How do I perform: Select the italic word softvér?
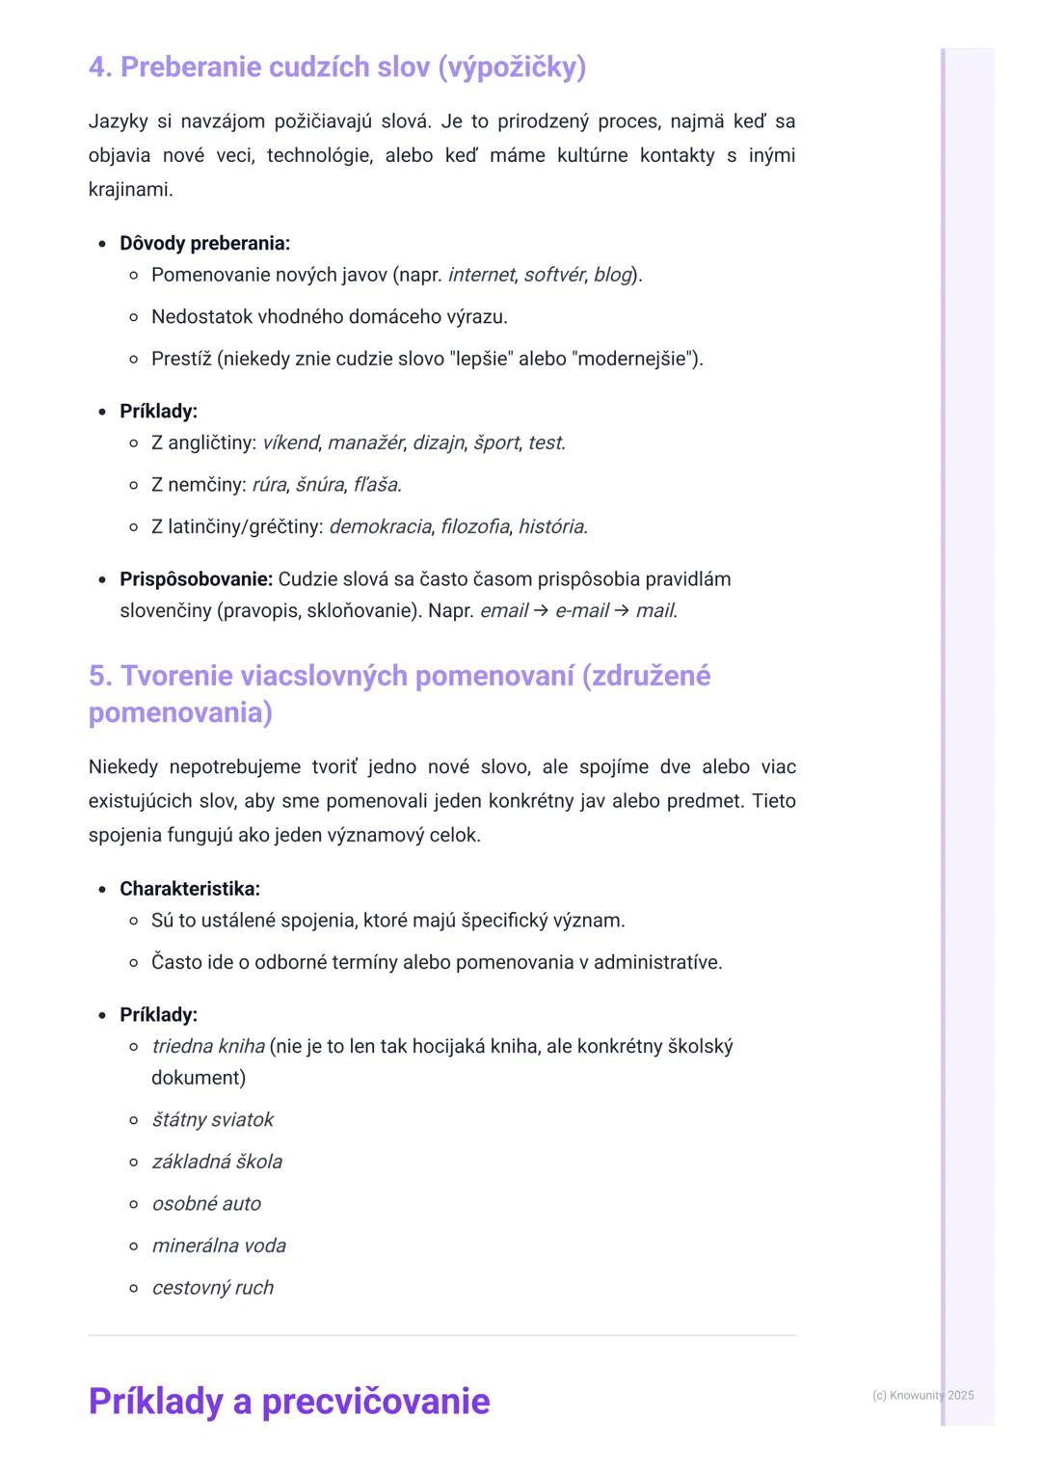click(x=554, y=276)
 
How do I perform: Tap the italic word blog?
click(x=612, y=276)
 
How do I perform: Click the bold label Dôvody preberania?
click(x=204, y=244)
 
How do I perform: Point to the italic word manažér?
click(x=365, y=443)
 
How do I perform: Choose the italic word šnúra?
click(x=319, y=485)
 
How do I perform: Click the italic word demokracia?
click(x=380, y=527)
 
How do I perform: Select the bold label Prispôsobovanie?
click(x=196, y=579)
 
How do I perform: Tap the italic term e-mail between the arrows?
click(x=582, y=611)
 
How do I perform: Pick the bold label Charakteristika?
click(x=190, y=889)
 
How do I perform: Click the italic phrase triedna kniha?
click(x=208, y=1047)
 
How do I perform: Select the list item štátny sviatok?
click(x=213, y=1120)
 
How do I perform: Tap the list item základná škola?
click(x=217, y=1163)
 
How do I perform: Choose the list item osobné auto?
click(x=206, y=1204)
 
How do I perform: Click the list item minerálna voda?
click(x=219, y=1246)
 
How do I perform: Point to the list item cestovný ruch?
click(x=213, y=1288)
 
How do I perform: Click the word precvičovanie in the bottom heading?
click(x=376, y=1402)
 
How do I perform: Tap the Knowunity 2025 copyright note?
click(x=922, y=1396)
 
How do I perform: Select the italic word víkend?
click(x=290, y=443)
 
